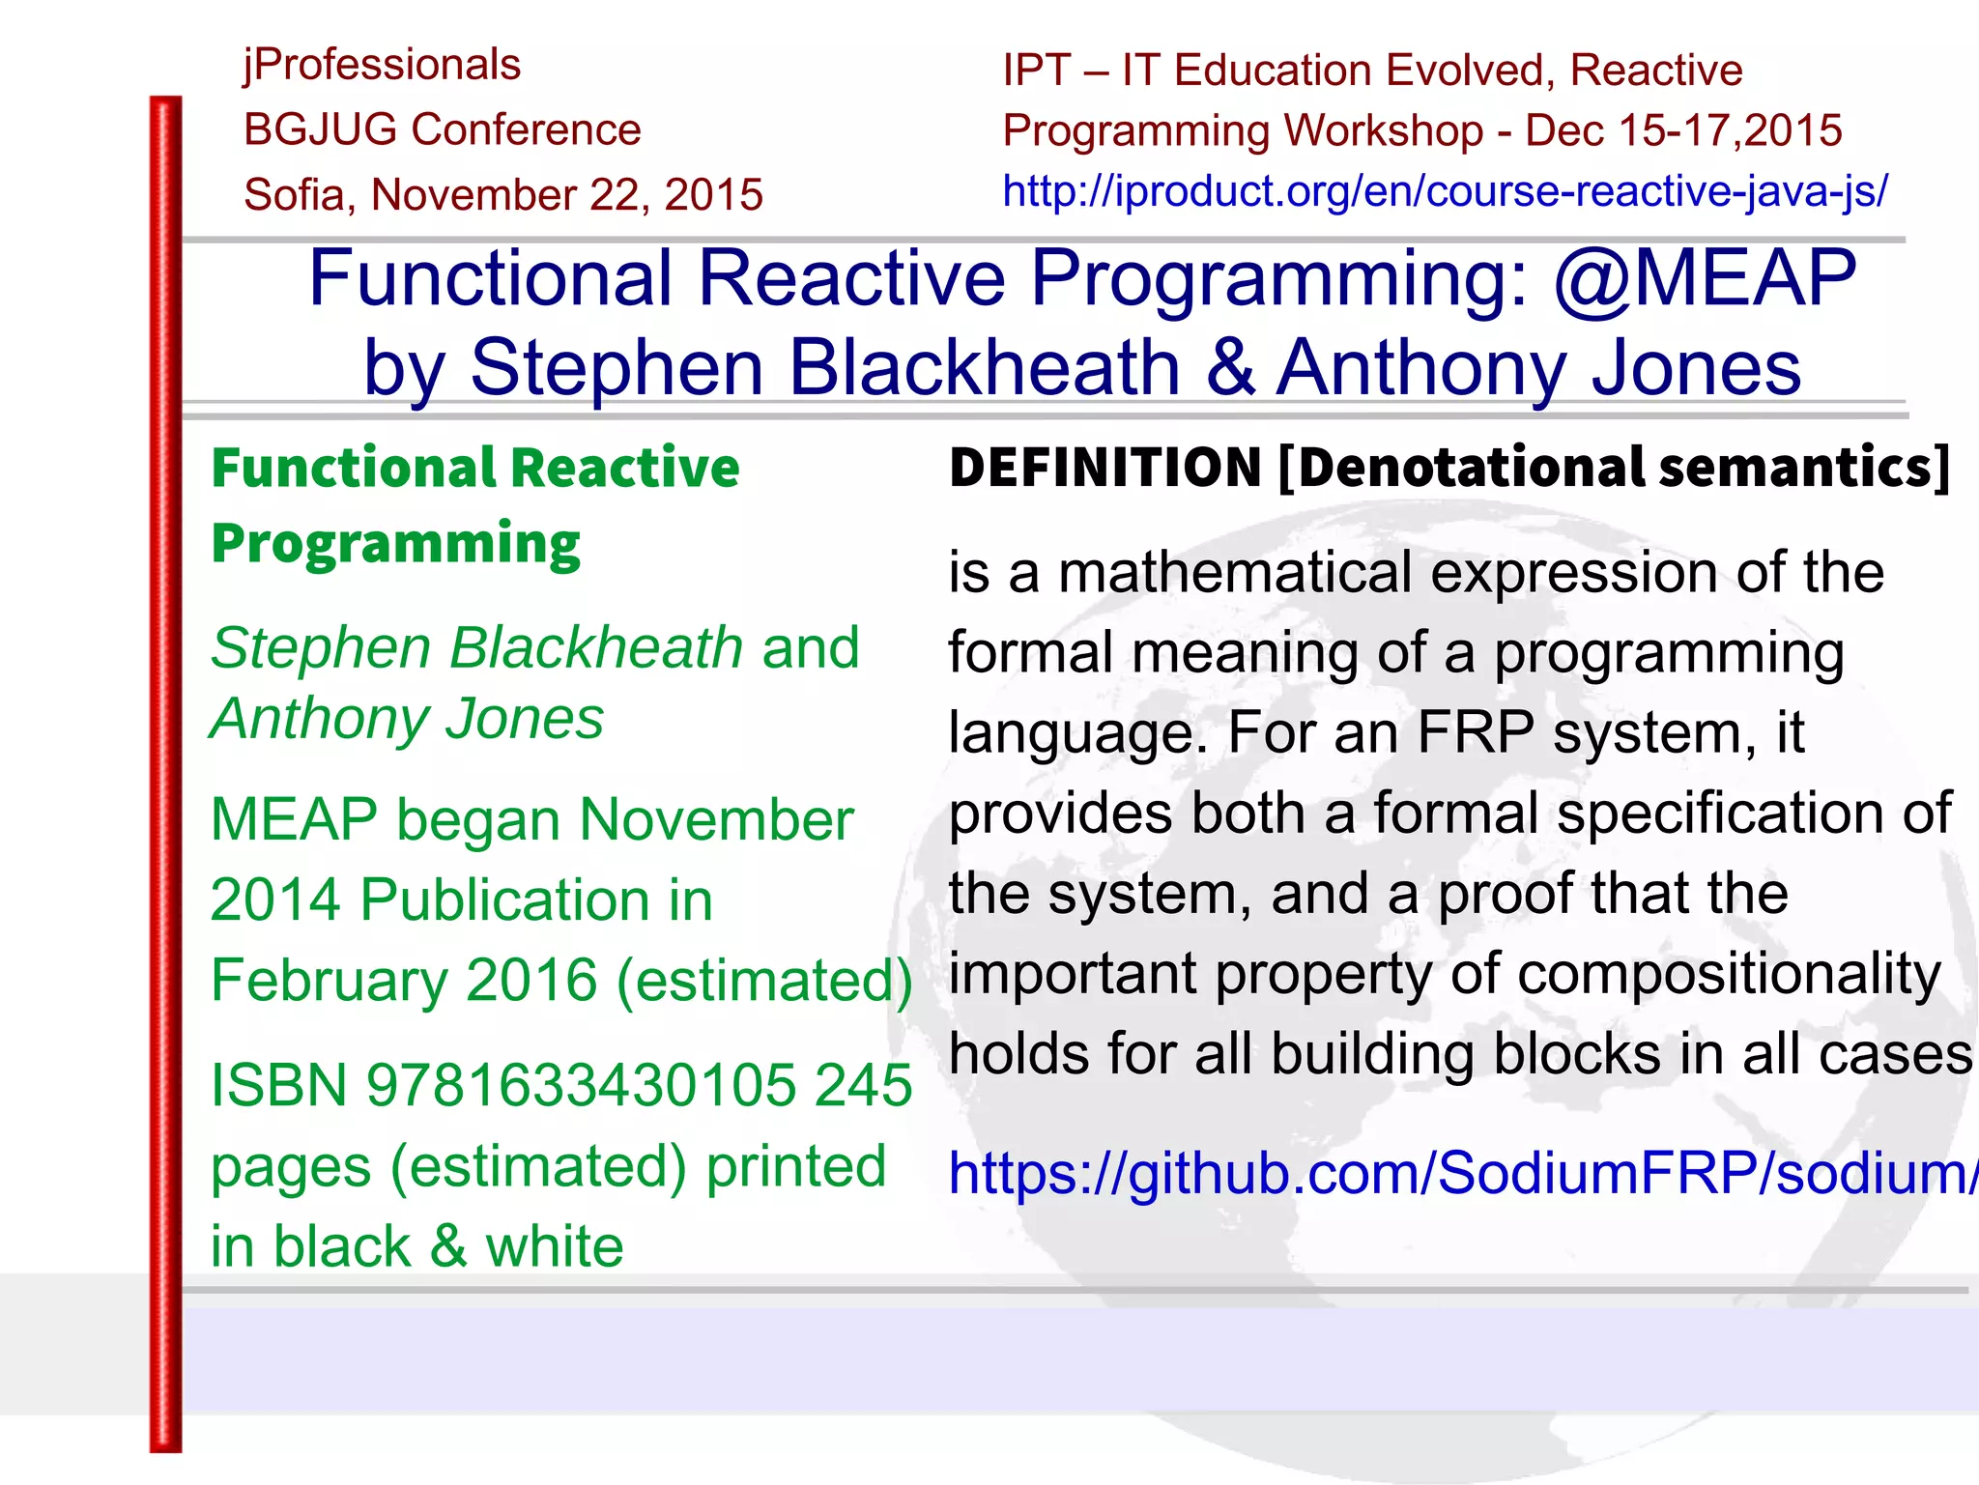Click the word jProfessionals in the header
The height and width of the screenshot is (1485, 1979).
pos(382,66)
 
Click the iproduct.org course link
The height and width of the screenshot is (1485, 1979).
pos(1445,191)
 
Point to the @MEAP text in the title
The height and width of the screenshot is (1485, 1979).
pos(1705,278)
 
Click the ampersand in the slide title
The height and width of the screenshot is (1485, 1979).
pos(1229,368)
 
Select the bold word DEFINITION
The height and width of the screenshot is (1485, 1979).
pos(1105,468)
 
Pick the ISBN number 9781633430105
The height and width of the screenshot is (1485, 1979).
pos(581,1085)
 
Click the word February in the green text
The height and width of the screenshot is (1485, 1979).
pos(330,981)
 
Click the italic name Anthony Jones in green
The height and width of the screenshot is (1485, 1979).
pos(407,719)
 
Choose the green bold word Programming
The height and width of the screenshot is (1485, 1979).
pos(395,544)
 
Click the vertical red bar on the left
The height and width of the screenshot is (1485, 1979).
pos(165,773)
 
